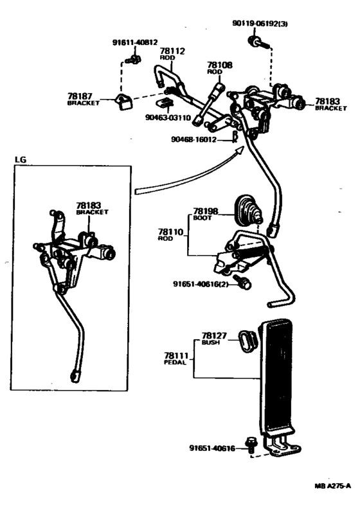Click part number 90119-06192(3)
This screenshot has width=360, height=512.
260,24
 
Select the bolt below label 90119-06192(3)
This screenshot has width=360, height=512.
257,42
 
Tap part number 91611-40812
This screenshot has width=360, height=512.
135,42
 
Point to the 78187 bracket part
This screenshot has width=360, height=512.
124,102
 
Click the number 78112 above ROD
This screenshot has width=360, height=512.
172,51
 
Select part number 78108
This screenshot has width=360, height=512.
220,65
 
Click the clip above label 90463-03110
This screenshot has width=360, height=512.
166,103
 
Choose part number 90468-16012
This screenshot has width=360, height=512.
194,140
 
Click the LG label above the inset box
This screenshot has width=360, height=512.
20,160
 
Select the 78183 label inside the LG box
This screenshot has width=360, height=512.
89,206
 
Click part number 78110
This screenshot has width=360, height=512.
171,231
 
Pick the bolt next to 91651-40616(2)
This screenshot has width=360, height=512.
243,282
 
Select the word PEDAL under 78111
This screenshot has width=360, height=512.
175,362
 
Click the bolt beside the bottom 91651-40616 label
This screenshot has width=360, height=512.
251,445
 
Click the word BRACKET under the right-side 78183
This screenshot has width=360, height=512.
330,108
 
